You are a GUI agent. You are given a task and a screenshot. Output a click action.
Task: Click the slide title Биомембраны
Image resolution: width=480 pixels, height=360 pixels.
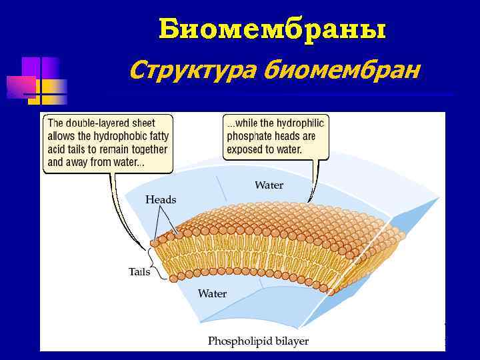(x=273, y=30)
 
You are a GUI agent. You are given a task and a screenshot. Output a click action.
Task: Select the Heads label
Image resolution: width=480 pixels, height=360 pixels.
(x=161, y=199)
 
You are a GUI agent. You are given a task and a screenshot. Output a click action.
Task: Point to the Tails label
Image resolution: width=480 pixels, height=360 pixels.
(x=139, y=271)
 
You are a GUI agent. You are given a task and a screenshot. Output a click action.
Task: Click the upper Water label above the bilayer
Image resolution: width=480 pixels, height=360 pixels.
(x=269, y=185)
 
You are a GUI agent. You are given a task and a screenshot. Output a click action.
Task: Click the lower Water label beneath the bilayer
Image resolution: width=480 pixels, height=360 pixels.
(x=212, y=293)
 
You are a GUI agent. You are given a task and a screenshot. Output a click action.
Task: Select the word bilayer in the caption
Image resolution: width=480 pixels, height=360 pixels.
(x=291, y=341)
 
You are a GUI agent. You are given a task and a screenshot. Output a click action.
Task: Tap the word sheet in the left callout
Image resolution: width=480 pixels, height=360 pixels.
(x=143, y=123)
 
